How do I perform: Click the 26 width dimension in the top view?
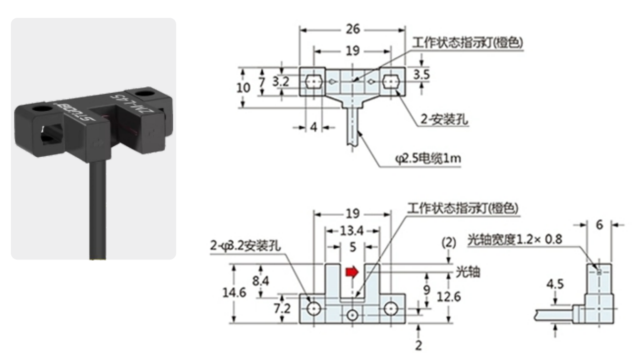click(352, 29)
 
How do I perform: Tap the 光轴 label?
click(468, 272)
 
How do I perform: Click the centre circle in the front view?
click(352, 315)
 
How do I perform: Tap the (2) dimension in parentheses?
click(449, 243)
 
